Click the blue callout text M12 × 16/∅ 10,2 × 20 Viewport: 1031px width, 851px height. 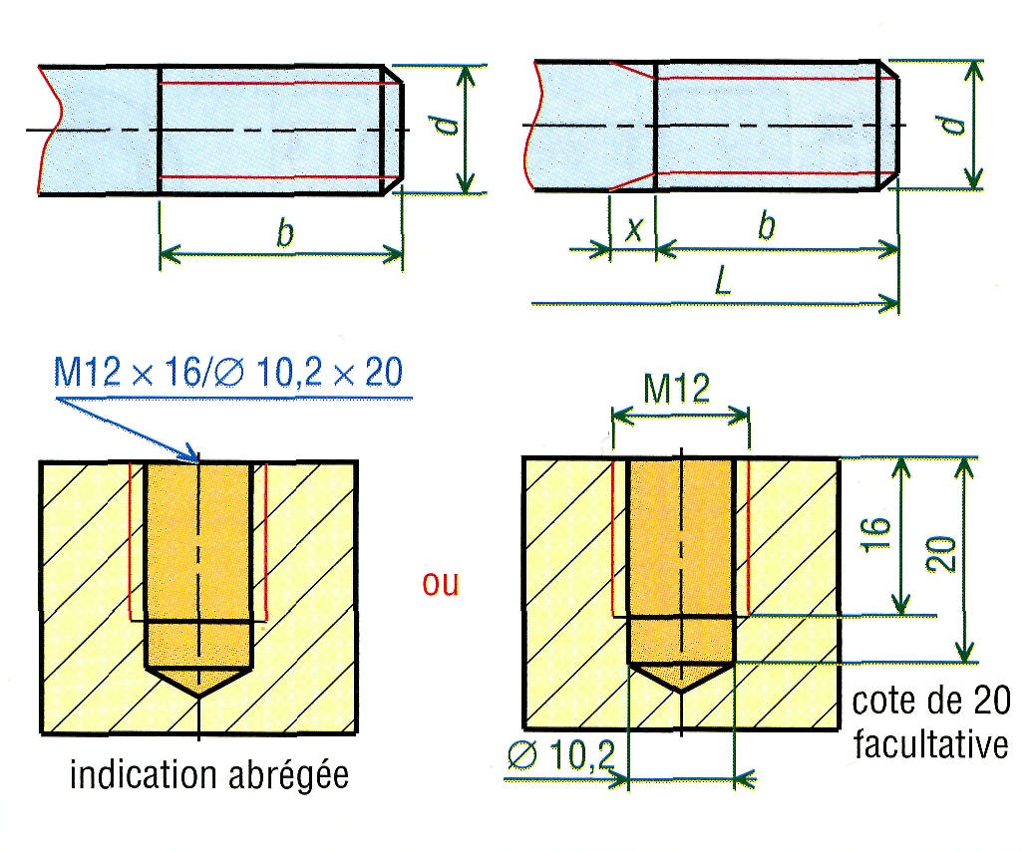227,372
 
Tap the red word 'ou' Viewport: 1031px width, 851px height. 440,584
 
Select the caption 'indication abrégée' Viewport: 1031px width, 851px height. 209,775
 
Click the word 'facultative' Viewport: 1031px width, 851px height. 930,745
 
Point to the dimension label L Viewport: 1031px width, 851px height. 723,283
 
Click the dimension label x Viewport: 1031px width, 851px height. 634,228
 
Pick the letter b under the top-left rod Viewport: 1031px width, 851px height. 285,233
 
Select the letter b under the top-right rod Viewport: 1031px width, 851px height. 767,227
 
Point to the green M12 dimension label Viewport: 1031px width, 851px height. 677,389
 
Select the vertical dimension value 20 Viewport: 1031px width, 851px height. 941,555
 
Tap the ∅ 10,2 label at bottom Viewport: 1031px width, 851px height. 562,754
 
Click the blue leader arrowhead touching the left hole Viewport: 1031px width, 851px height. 191,454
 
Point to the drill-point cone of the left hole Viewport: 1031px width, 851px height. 198,682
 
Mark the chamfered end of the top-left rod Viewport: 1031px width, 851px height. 393,131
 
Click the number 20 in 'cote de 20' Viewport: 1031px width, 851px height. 991,702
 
